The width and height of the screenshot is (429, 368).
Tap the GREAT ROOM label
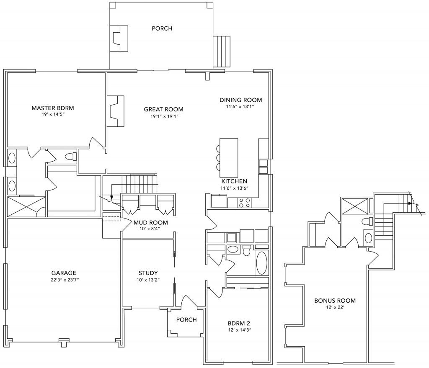point(163,109)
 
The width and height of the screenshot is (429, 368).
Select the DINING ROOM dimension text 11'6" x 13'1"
point(240,107)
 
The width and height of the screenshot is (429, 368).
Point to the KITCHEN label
point(234,181)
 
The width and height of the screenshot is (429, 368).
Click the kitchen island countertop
point(229,157)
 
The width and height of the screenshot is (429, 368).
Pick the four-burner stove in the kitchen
point(245,203)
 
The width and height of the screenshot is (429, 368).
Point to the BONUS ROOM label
point(335,300)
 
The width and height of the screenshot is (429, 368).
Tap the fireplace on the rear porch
point(119,38)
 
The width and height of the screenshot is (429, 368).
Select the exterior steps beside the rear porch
point(222,51)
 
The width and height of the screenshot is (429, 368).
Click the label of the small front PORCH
point(186,319)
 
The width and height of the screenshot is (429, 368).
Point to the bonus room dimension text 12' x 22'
point(335,308)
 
